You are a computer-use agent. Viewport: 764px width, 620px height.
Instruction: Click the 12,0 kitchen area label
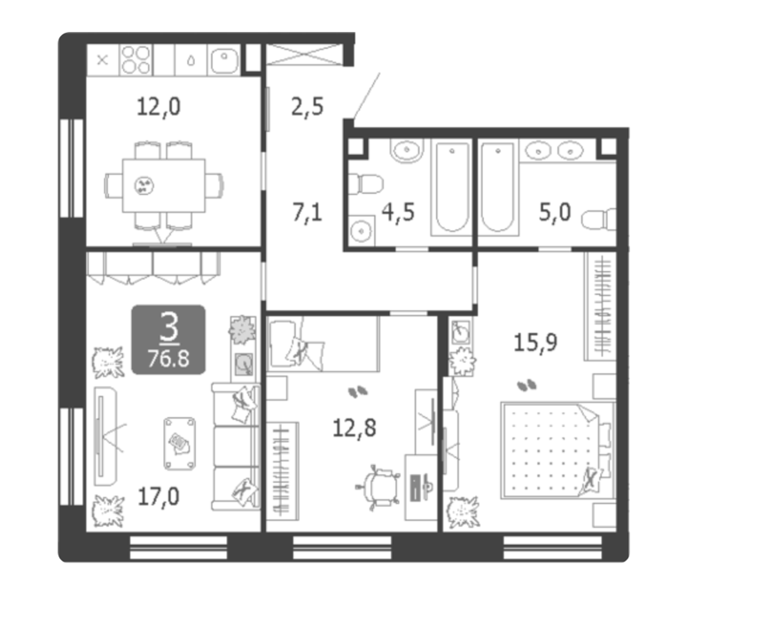159,106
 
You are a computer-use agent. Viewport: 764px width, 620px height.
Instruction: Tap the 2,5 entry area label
308,106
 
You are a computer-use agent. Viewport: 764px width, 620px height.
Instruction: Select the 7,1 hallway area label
308,213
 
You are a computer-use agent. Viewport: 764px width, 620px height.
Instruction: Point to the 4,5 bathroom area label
398,213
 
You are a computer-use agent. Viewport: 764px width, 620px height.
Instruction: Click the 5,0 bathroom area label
555,213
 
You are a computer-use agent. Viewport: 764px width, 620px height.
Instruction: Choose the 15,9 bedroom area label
535,343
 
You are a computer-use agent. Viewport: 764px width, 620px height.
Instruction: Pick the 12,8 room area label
355,428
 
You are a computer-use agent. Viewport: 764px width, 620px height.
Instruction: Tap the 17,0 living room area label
159,497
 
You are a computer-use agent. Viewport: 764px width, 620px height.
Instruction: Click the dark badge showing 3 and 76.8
168,339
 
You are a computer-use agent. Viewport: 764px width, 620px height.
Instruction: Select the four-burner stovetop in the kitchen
136,60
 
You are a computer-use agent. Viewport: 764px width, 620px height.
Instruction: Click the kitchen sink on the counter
224,60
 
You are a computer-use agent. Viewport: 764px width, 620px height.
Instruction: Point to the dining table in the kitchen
164,186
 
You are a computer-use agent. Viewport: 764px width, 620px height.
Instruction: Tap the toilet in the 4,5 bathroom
365,184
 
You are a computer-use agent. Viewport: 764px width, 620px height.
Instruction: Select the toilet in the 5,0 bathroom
599,220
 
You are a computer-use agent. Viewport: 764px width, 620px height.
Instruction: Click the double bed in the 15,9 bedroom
557,450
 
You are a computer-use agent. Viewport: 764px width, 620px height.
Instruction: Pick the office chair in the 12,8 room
379,487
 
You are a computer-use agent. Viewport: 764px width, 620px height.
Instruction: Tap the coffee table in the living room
180,443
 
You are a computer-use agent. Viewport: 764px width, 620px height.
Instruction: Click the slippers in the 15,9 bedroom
527,385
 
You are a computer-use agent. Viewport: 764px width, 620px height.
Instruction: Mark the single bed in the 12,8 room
323,345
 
